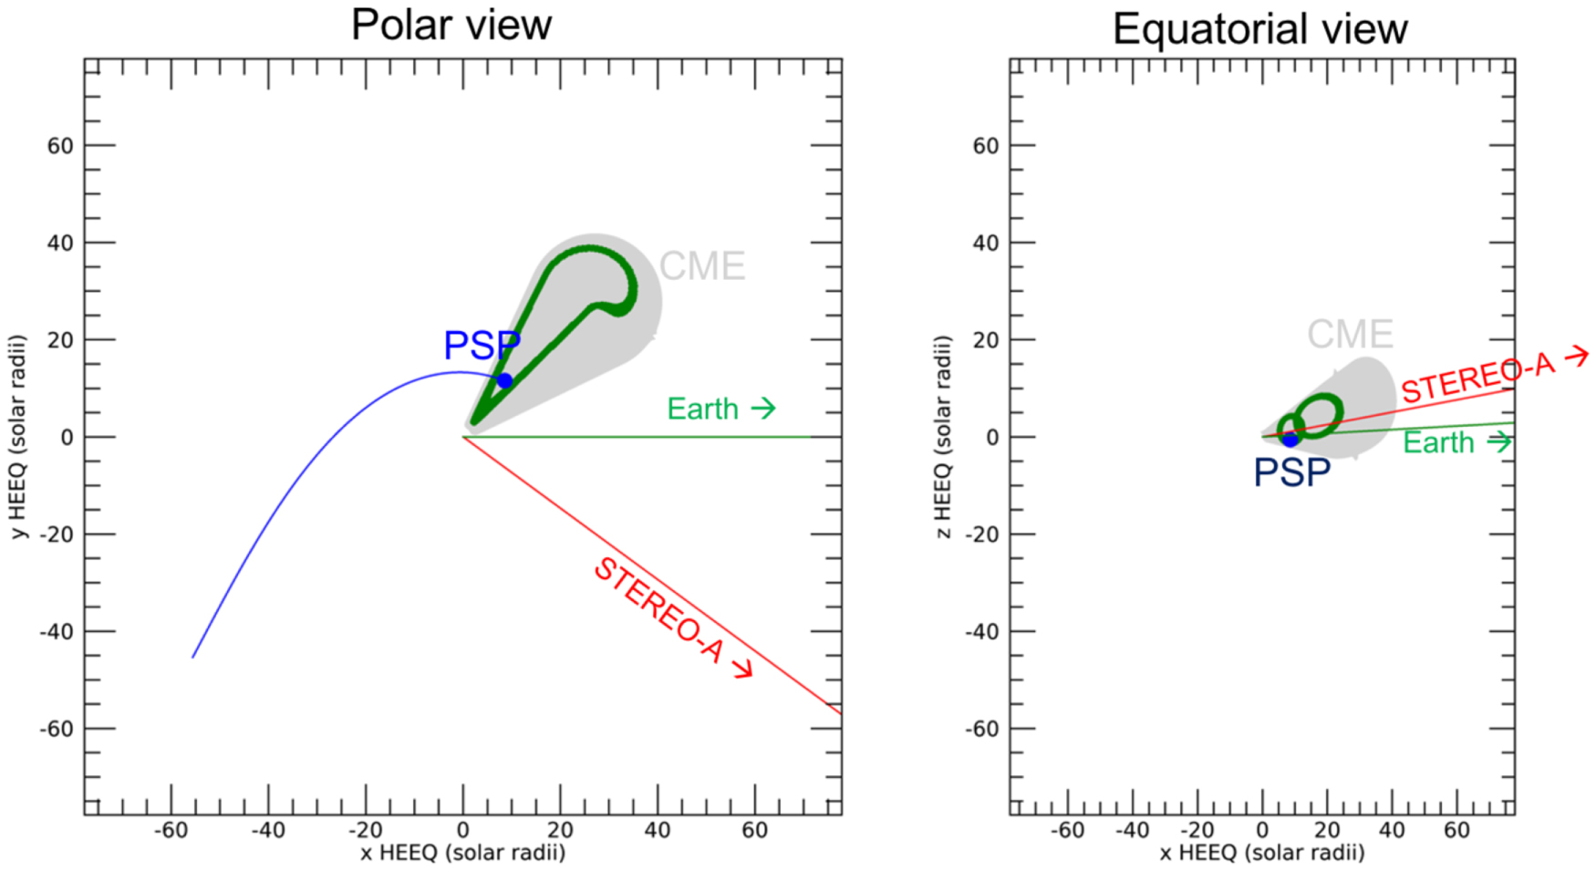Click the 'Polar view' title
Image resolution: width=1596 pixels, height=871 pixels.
pos(451,25)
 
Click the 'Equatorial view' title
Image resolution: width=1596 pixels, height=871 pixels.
pos(1259,29)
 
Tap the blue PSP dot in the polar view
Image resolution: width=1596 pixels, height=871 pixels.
pos(504,380)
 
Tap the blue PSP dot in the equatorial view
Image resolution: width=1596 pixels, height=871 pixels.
pos(1290,440)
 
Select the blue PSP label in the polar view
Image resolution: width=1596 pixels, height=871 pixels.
pos(482,346)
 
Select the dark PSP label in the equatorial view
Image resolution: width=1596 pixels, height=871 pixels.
pos(1291,472)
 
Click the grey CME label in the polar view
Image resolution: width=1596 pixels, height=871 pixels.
pos(701,266)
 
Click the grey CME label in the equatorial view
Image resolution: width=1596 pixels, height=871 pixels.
pos(1350,335)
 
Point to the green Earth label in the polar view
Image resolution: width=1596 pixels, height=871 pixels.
pos(702,409)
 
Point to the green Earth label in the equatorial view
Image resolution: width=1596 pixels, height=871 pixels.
pos(1438,443)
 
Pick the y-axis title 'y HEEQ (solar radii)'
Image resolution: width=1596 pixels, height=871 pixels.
pos(18,437)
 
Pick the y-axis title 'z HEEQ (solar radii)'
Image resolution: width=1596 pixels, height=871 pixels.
pos(944,437)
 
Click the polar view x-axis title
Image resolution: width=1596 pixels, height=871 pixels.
pos(462,853)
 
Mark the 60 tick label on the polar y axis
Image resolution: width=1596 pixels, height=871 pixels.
pos(60,146)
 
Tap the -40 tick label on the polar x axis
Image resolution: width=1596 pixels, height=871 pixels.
pos(268,831)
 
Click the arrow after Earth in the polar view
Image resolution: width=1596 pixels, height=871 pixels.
pos(763,408)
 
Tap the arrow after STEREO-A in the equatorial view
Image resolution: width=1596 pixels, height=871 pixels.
pos(1576,357)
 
